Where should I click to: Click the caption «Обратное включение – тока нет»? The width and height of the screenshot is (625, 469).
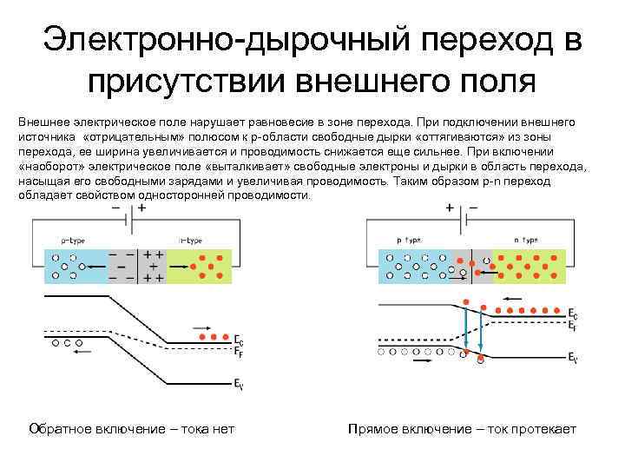(x=132, y=429)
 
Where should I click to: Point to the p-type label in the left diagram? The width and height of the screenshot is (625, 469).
(x=73, y=238)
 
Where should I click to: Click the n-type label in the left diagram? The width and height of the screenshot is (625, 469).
(x=192, y=238)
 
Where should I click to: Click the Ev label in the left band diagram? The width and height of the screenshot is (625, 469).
(x=238, y=382)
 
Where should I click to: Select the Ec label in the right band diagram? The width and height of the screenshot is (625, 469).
(x=572, y=313)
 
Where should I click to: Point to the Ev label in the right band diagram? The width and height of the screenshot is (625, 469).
(x=573, y=356)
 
